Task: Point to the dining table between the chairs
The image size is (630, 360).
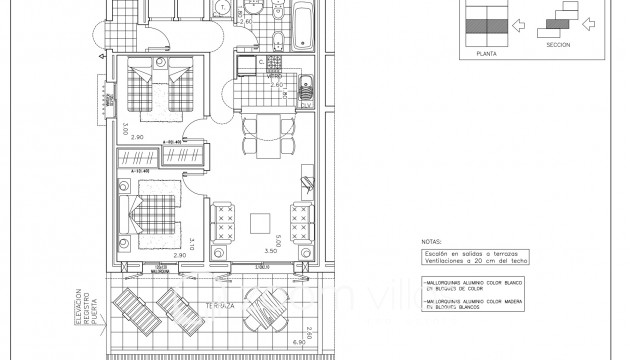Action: [265, 132]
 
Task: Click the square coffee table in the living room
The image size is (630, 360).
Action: [259, 222]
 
